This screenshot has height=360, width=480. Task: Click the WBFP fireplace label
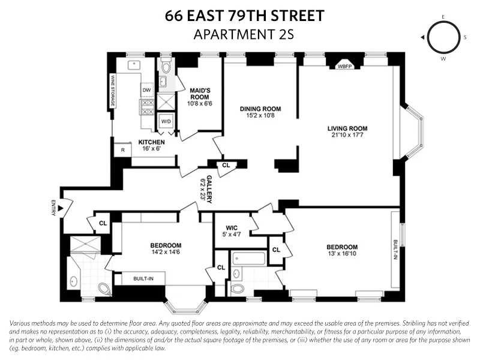[344, 67]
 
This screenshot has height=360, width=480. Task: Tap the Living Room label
[347, 128]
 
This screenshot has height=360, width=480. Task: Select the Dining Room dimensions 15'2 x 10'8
[260, 116]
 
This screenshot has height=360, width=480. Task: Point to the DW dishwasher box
[146, 90]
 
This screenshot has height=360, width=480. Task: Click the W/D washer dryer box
[165, 121]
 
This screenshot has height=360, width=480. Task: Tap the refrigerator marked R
[123, 150]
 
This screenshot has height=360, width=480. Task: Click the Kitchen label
[151, 142]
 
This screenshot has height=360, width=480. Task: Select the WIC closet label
[232, 228]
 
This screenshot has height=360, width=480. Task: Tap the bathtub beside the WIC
[247, 260]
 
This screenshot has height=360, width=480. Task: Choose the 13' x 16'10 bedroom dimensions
[342, 254]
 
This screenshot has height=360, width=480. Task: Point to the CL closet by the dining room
[226, 165]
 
